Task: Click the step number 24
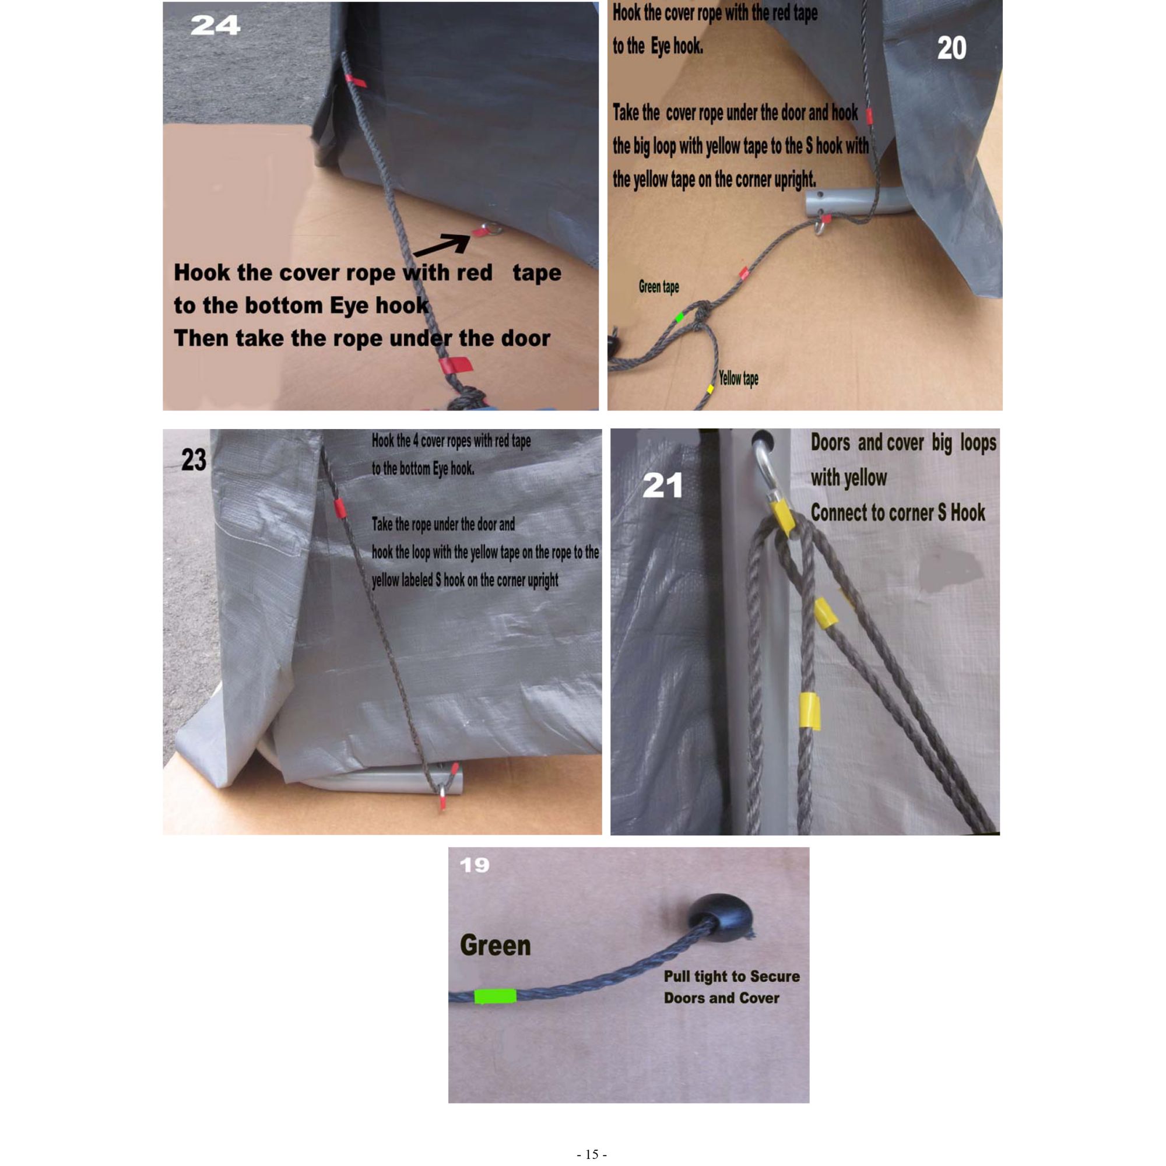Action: [x=215, y=25]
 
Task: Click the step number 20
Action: [x=952, y=48]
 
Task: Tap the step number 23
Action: [x=194, y=460]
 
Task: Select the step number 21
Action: [x=662, y=485]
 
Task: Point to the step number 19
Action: [x=475, y=865]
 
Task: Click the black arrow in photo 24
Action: [x=441, y=245]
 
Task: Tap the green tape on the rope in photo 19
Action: [x=495, y=996]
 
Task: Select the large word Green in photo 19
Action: [x=496, y=946]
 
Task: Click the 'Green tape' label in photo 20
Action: [x=658, y=287]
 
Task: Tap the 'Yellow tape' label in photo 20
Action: [x=738, y=378]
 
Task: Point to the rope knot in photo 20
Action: [x=701, y=315]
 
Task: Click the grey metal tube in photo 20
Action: [x=858, y=202]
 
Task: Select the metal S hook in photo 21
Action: [x=767, y=468]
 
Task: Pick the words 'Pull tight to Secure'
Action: [x=732, y=977]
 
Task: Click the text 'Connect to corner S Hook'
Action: [x=897, y=513]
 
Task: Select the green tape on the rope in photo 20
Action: [x=680, y=317]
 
